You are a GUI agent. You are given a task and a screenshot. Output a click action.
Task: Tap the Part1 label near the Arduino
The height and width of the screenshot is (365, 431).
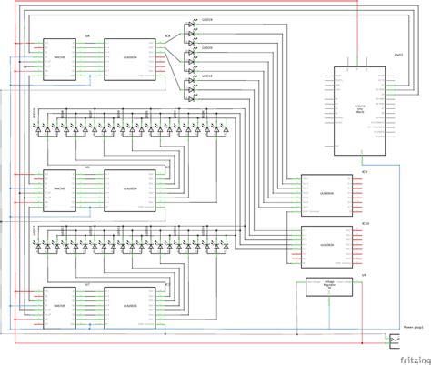click(x=398, y=56)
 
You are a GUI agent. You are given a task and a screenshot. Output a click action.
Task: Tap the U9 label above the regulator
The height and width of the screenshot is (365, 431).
click(x=363, y=273)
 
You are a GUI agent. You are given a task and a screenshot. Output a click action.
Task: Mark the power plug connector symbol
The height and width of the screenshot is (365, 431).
click(x=396, y=342)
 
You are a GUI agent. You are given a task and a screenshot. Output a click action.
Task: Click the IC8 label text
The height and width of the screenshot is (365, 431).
click(x=166, y=37)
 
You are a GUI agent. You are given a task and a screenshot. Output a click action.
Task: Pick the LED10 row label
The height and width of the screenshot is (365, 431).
click(x=34, y=117)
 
